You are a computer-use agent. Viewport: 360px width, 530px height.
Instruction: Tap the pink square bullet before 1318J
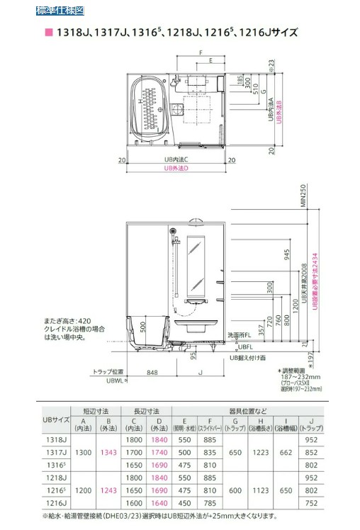click(49, 33)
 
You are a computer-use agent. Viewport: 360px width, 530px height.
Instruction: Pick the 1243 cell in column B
click(108, 489)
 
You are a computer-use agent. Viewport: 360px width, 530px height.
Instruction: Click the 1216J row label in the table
click(58, 502)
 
